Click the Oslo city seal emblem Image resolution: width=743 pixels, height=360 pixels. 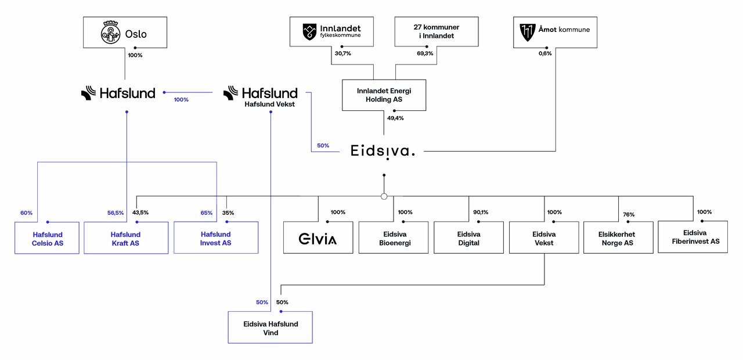[x=110, y=33]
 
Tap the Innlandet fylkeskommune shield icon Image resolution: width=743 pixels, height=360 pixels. [x=309, y=32]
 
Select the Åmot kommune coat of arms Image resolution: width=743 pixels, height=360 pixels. [x=528, y=32]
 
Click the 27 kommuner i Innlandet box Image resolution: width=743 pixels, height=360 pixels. [x=437, y=31]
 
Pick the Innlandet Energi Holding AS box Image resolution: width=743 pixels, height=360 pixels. [x=384, y=95]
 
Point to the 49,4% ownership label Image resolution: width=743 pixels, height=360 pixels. [x=395, y=118]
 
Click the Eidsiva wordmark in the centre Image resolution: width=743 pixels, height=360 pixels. [x=383, y=152]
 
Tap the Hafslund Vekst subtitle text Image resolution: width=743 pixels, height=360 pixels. [x=270, y=104]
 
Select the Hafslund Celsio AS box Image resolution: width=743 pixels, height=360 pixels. [x=47, y=238]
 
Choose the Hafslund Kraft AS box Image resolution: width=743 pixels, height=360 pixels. [x=126, y=238]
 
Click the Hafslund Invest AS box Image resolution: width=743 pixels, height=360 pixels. [x=216, y=237]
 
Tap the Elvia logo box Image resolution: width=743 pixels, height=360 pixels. [x=318, y=237]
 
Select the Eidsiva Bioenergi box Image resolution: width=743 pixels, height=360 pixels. [x=394, y=237]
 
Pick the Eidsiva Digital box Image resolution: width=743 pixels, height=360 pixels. [x=468, y=237]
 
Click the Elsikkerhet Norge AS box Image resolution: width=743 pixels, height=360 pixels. [x=618, y=237]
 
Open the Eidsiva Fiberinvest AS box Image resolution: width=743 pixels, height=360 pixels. [x=693, y=237]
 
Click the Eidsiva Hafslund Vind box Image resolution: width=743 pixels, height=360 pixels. [x=270, y=327]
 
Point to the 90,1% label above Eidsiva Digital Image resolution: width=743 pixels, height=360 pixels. [x=481, y=213]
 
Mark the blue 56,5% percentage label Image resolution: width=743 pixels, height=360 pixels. [x=116, y=213]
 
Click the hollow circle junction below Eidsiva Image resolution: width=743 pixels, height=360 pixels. [x=384, y=196]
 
